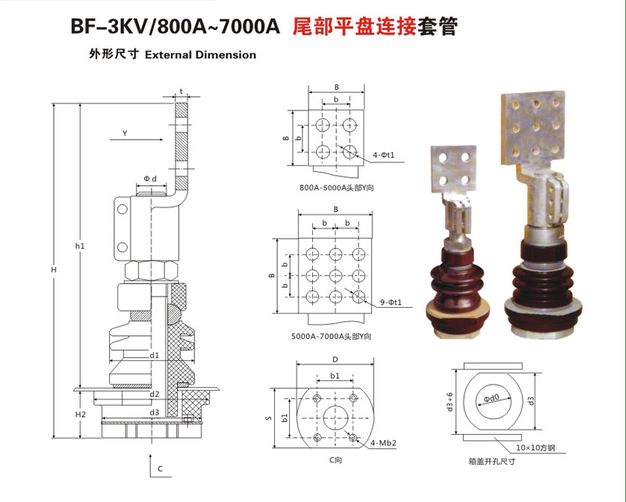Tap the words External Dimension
[x=199, y=55]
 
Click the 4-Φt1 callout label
[x=383, y=155]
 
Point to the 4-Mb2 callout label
[x=383, y=443]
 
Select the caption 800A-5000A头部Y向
[x=336, y=187]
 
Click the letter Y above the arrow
[x=125, y=133]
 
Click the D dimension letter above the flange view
[x=335, y=359]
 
